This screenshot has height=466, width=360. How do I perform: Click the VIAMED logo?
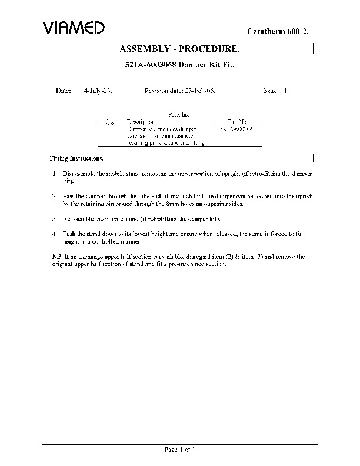[x=74, y=27]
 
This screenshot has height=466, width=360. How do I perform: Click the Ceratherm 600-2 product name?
[x=285, y=30]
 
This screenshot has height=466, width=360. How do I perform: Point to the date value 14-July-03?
[x=96, y=91]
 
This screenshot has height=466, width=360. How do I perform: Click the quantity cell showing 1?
[x=111, y=128]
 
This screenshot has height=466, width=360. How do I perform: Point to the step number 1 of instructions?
[x=54, y=175]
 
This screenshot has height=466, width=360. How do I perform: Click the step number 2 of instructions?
[x=54, y=195]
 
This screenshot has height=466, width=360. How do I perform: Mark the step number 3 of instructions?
[x=54, y=218]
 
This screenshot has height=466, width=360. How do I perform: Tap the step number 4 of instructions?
[x=54, y=234]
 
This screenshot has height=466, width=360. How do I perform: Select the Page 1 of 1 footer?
[x=179, y=450]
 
